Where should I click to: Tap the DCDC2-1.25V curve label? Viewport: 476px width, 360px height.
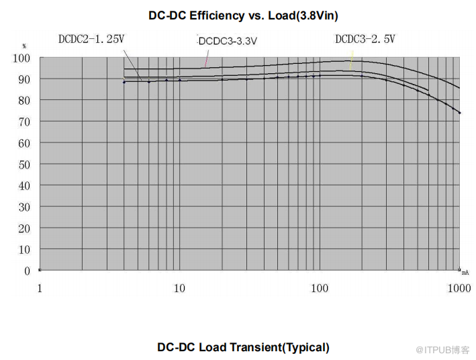pyautogui.click(x=91, y=39)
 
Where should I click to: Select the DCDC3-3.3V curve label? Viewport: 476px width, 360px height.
pyautogui.click(x=228, y=41)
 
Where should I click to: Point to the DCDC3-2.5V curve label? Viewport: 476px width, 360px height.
pyautogui.click(x=365, y=39)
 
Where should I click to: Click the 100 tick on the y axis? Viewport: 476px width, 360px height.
pyautogui.click(x=21, y=58)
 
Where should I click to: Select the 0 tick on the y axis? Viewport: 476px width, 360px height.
pyautogui.click(x=27, y=271)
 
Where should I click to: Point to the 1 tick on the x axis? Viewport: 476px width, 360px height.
pyautogui.click(x=40, y=288)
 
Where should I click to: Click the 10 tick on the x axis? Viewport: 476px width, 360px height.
pyautogui.click(x=179, y=288)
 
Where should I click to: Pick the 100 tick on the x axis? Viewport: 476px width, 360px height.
pyautogui.click(x=320, y=288)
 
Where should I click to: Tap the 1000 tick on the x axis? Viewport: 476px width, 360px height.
pyautogui.click(x=459, y=288)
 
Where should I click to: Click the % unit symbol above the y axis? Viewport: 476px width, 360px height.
pyautogui.click(x=24, y=46)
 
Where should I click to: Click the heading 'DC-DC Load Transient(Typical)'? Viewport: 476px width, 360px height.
pyautogui.click(x=243, y=347)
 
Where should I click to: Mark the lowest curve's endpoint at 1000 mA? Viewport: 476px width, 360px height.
pyautogui.click(x=459, y=112)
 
